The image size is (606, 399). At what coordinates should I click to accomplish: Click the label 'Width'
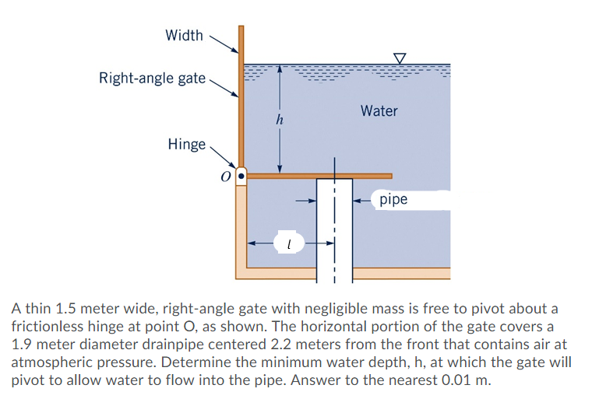click(184, 36)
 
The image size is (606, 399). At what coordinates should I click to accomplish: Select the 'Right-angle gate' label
click(152, 78)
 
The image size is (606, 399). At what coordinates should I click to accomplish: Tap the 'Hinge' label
click(186, 144)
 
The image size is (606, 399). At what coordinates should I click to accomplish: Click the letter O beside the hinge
click(225, 178)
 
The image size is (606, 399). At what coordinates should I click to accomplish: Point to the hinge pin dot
click(241, 177)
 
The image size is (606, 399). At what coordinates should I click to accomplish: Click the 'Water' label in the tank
click(379, 111)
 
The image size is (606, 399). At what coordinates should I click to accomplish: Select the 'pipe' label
click(393, 200)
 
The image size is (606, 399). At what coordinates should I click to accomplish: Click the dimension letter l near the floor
click(288, 244)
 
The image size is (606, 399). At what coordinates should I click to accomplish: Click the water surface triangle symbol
click(400, 58)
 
